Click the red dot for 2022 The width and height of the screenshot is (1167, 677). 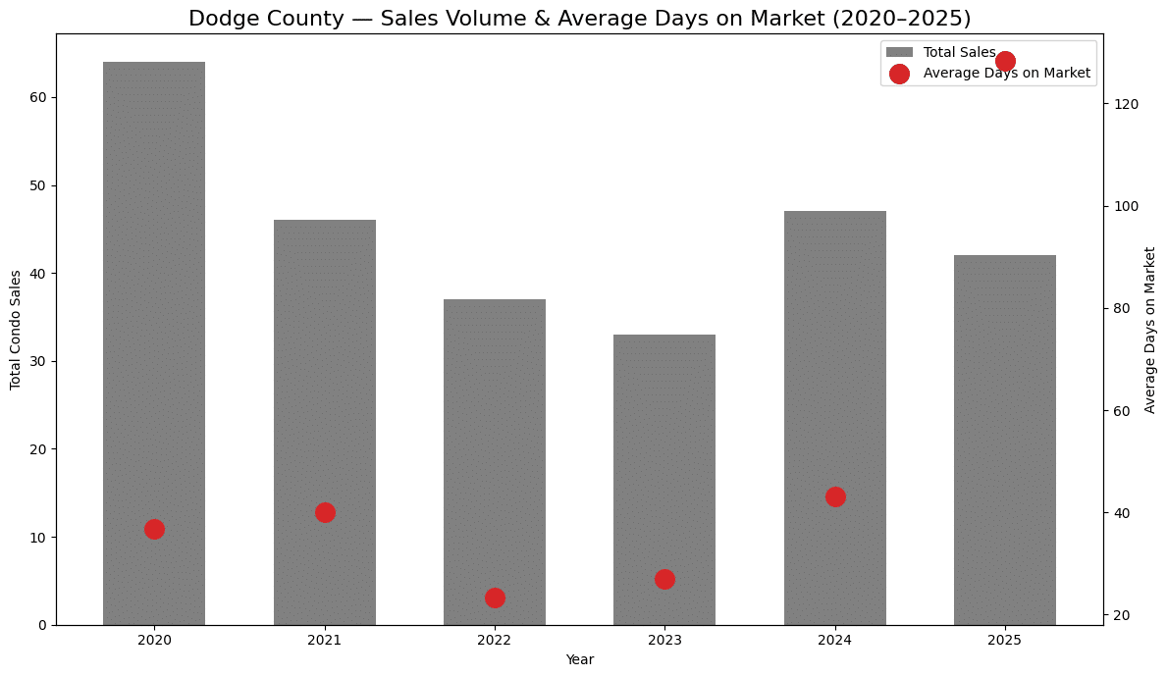pyautogui.click(x=495, y=598)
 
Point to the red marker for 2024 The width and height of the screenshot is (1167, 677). pyautogui.click(x=835, y=496)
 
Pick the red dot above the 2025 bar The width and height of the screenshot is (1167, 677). pyautogui.click(x=1005, y=61)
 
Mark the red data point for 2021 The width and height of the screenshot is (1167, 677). pyautogui.click(x=325, y=512)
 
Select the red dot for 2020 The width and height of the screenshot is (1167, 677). pyautogui.click(x=154, y=529)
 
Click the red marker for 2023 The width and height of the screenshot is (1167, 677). pyautogui.click(x=664, y=579)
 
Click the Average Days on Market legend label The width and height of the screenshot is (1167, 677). pyautogui.click(x=1007, y=74)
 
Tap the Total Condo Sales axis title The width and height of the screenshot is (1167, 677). pyautogui.click(x=16, y=330)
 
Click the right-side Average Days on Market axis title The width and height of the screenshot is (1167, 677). pyautogui.click(x=1150, y=330)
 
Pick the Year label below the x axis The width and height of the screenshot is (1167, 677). pyautogui.click(x=579, y=660)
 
